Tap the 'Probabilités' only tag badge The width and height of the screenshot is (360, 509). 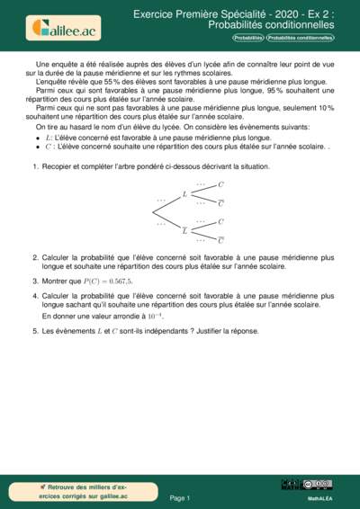(248, 39)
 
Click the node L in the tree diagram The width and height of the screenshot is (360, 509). (184, 193)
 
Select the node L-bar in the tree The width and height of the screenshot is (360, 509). (184, 230)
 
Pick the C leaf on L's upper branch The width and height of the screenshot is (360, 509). (221, 183)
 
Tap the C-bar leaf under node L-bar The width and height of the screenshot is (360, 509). (221, 240)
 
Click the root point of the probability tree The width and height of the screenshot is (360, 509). (153, 212)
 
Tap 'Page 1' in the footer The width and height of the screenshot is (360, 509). (180, 497)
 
